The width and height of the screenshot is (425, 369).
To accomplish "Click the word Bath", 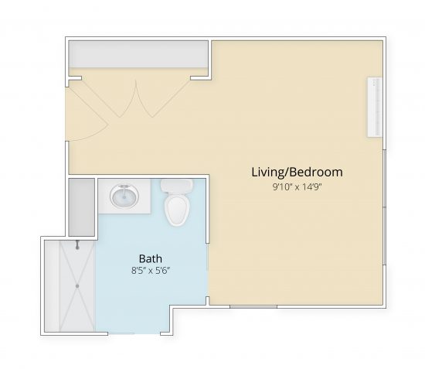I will click(150, 258).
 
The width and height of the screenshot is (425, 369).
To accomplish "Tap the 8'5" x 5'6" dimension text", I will click(150, 271).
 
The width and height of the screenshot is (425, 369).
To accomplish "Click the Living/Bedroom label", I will click(297, 172).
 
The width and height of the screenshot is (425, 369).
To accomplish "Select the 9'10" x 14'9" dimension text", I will click(297, 186).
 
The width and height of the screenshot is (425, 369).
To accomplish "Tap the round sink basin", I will click(124, 196).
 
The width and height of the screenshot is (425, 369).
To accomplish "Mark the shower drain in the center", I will click(77, 285).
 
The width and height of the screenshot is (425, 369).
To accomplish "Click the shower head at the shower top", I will click(77, 245).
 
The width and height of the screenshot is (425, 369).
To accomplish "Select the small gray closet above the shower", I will click(80, 207).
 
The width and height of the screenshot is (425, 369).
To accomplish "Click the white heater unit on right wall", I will click(375, 108).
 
